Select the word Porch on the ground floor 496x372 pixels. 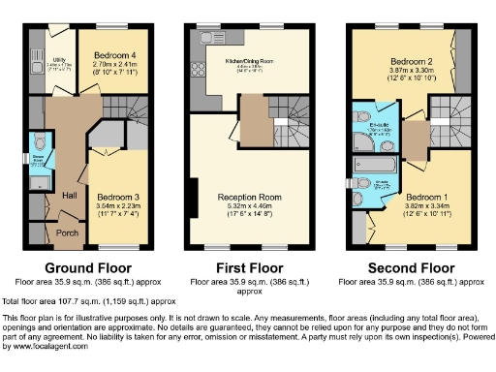(x=69, y=232)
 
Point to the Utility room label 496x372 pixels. (x=45, y=60)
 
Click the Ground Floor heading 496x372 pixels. (x=81, y=266)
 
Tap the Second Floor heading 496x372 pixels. (x=413, y=266)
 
